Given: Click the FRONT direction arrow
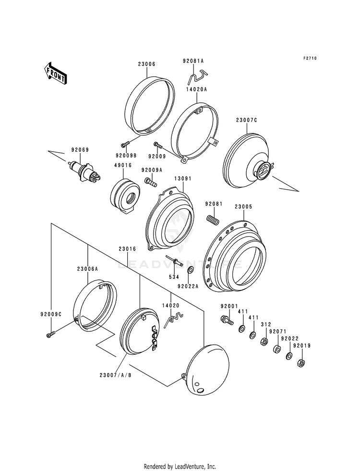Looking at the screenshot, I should click(x=56, y=73).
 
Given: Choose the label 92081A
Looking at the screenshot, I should click(x=193, y=61).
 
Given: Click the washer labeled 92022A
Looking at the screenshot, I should click(x=191, y=270).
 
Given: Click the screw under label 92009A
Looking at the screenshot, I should click(x=151, y=181).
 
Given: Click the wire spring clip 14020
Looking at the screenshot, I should click(x=172, y=318).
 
